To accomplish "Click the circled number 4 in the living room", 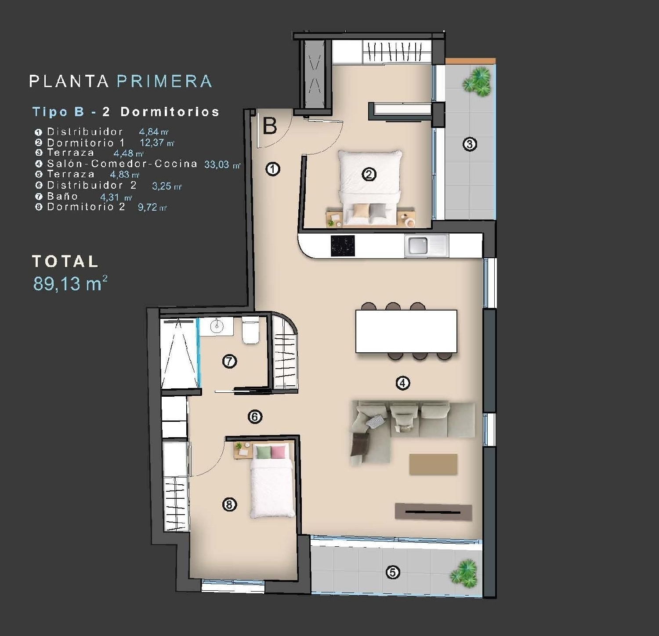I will click(402, 383).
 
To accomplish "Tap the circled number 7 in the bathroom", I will click(229, 362).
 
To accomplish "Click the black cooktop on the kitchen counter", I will click(342, 245).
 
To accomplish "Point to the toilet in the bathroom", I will click(250, 331).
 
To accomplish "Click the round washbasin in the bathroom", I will click(216, 326).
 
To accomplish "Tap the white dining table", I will click(406, 331).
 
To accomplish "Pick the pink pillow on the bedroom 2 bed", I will click(278, 452).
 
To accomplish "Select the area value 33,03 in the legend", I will click(217, 164).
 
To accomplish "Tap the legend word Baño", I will click(62, 196).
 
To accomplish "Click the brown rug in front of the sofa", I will click(433, 464).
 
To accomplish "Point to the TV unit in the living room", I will click(433, 512).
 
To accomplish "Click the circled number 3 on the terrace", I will click(470, 144).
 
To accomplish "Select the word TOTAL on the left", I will click(65, 261).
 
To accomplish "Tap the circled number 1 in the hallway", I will click(273, 169).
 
